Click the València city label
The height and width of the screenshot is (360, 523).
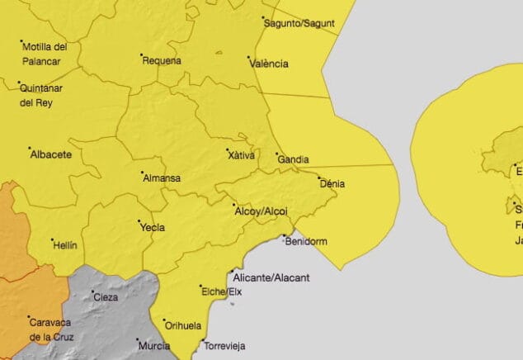pos(270,64)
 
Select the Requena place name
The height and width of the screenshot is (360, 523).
pos(162,61)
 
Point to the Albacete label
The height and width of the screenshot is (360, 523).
pos(51,154)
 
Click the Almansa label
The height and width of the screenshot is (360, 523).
pos(162,178)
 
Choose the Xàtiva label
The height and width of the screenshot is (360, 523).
pos(242,155)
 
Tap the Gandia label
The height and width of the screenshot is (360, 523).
pos(294,159)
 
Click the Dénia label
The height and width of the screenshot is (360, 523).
pos(332,184)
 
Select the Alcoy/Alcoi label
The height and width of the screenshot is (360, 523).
pos(261,212)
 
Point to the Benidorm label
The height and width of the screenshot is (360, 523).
pos(308,242)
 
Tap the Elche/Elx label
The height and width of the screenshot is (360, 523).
pos(221,291)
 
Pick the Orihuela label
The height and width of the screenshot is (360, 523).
pos(183,325)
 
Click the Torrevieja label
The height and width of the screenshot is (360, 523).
pos(225,347)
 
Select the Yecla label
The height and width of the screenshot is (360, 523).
pos(153,228)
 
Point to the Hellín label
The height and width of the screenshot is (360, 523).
pos(64,245)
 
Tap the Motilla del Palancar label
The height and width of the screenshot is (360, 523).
pos(45,53)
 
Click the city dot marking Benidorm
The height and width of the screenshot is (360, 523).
pos(285,238)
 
